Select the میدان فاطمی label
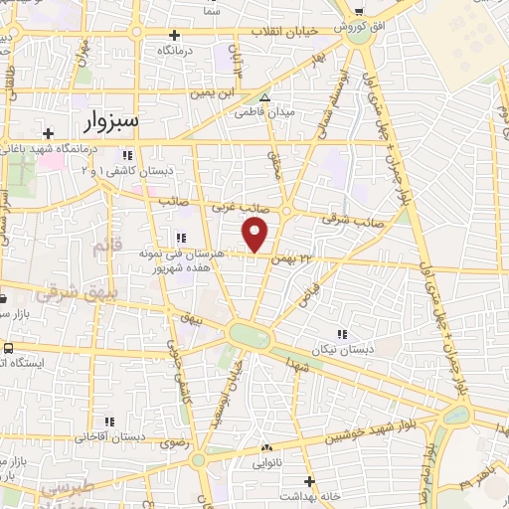(264, 112)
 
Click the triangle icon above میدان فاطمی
(264, 97)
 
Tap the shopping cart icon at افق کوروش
(358, 12)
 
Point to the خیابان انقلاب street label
(283, 31)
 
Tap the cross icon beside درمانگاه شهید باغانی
(48, 133)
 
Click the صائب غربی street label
(237, 206)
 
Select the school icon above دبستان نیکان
(343, 335)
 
